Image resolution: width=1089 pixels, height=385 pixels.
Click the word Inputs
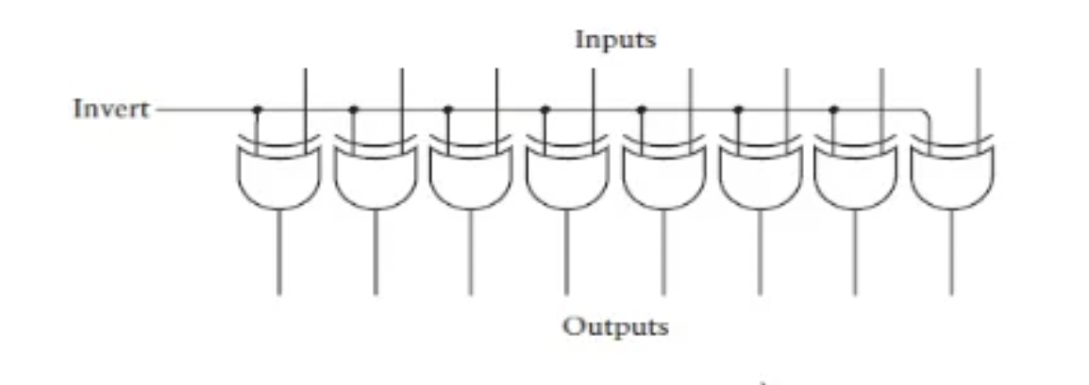[x=615, y=41]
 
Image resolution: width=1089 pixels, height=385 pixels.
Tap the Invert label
[x=111, y=109]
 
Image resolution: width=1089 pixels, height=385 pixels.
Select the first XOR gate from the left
[x=279, y=175]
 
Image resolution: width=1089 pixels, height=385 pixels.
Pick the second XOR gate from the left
[x=376, y=175]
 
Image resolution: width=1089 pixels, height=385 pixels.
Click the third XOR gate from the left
[x=471, y=175]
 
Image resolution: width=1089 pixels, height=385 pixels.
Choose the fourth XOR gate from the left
[x=567, y=175]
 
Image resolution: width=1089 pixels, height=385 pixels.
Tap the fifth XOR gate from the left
[x=663, y=175]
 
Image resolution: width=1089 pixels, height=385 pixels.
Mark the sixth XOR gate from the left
[x=760, y=175]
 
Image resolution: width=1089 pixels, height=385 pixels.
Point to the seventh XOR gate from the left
[x=855, y=175]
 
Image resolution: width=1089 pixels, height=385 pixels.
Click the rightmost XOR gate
[x=951, y=175]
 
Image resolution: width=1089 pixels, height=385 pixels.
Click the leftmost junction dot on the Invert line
[x=257, y=109]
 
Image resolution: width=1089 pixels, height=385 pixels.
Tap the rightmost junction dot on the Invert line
[x=833, y=109]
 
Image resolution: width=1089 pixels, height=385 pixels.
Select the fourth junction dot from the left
[x=544, y=109]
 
